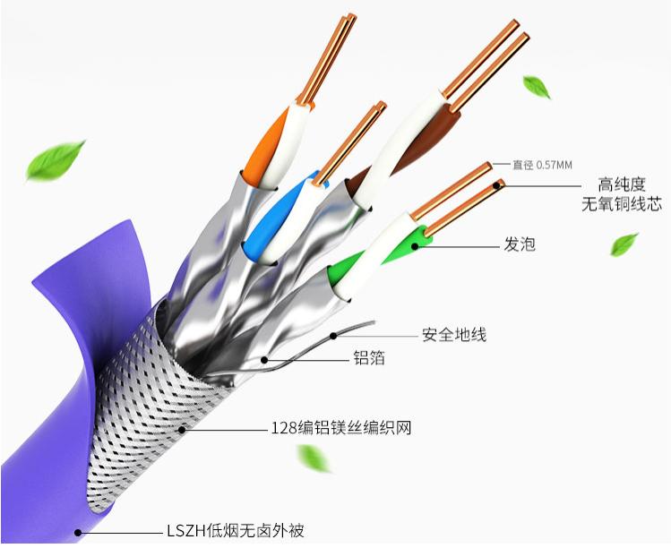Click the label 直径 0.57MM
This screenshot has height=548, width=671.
coord(542,165)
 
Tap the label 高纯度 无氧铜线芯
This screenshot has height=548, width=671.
coord(622,194)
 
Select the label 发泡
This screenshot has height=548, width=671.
coord(520,244)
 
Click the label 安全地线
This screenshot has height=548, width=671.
coord(454,334)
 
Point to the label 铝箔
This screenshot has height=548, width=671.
coord(369,357)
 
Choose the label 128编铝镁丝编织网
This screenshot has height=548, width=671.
coord(341,427)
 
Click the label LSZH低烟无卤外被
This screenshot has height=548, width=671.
coord(236,531)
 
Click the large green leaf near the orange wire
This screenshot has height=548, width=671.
coord(55,160)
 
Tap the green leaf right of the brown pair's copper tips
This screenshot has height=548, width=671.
coord(537,87)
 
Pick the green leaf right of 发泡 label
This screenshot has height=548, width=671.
coord(624,244)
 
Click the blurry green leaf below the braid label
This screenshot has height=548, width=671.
coord(314,458)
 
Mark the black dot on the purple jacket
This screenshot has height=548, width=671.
coord(78,533)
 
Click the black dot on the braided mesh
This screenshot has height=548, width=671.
coord(182,429)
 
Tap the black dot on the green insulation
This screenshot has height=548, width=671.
coord(414,246)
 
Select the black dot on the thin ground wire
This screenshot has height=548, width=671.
coord(333,336)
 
